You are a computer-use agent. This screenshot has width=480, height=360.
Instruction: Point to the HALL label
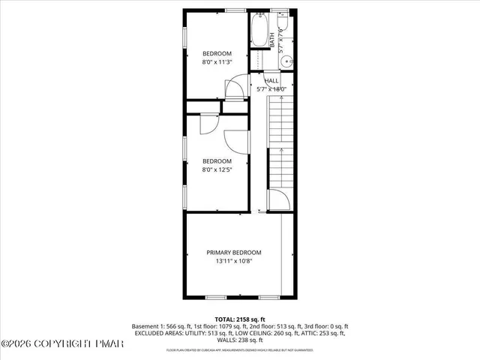tap(271, 80)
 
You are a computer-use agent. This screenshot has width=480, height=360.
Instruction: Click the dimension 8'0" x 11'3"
tap(217, 62)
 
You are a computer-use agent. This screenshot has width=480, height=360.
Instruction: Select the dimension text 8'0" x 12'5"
tap(217, 170)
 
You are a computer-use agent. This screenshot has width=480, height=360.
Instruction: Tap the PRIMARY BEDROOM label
tap(234, 252)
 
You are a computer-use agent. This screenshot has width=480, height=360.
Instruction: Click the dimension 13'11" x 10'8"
tap(234, 261)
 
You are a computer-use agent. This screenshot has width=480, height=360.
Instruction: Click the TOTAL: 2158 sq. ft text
tap(240, 319)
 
